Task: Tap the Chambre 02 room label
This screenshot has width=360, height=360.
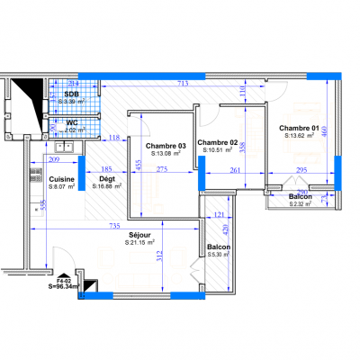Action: tap(217, 143)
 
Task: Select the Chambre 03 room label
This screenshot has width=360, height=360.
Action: tap(166, 147)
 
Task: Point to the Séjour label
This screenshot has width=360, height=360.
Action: tap(139, 234)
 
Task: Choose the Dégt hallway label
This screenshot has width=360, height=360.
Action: tap(105, 178)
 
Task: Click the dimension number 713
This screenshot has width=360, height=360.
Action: tap(183, 84)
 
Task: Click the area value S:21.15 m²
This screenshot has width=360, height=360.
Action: tap(139, 242)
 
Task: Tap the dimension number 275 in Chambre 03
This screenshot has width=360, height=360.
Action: tap(164, 169)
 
